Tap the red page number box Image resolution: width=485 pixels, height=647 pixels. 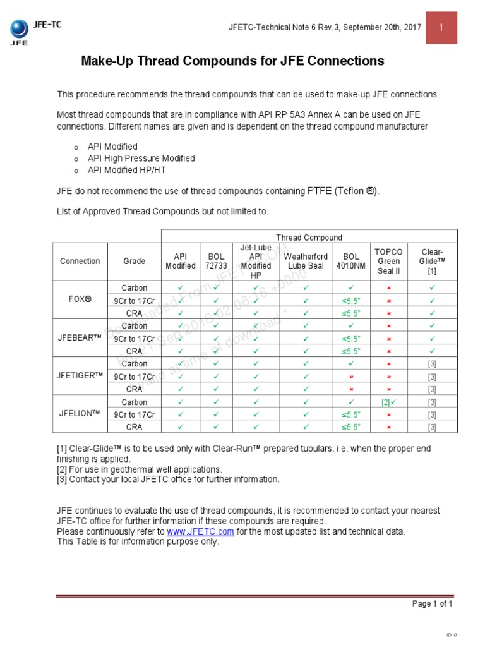coord(441,28)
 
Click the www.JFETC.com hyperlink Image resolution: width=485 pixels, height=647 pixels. coord(200,532)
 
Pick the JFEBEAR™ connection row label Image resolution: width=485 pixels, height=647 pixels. coord(80,338)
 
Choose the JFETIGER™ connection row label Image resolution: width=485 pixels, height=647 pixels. coord(80,376)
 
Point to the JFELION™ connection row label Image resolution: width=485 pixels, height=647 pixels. coord(80,414)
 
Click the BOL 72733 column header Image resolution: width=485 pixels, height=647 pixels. coord(217,261)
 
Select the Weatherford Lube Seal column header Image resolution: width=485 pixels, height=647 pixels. coord(306,261)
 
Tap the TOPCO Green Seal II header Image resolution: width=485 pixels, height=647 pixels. coord(388,261)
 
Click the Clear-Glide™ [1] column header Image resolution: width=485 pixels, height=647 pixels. coord(432,261)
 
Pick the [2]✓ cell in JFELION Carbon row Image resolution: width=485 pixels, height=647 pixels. coord(388,402)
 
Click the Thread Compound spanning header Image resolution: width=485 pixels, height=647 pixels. coord(309,238)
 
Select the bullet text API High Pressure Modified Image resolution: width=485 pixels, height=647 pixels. coord(141,158)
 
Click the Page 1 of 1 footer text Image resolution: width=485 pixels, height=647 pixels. coord(432,603)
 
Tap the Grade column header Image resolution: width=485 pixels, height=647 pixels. coord(135,261)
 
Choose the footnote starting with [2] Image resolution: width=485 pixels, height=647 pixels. coord(139,469)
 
